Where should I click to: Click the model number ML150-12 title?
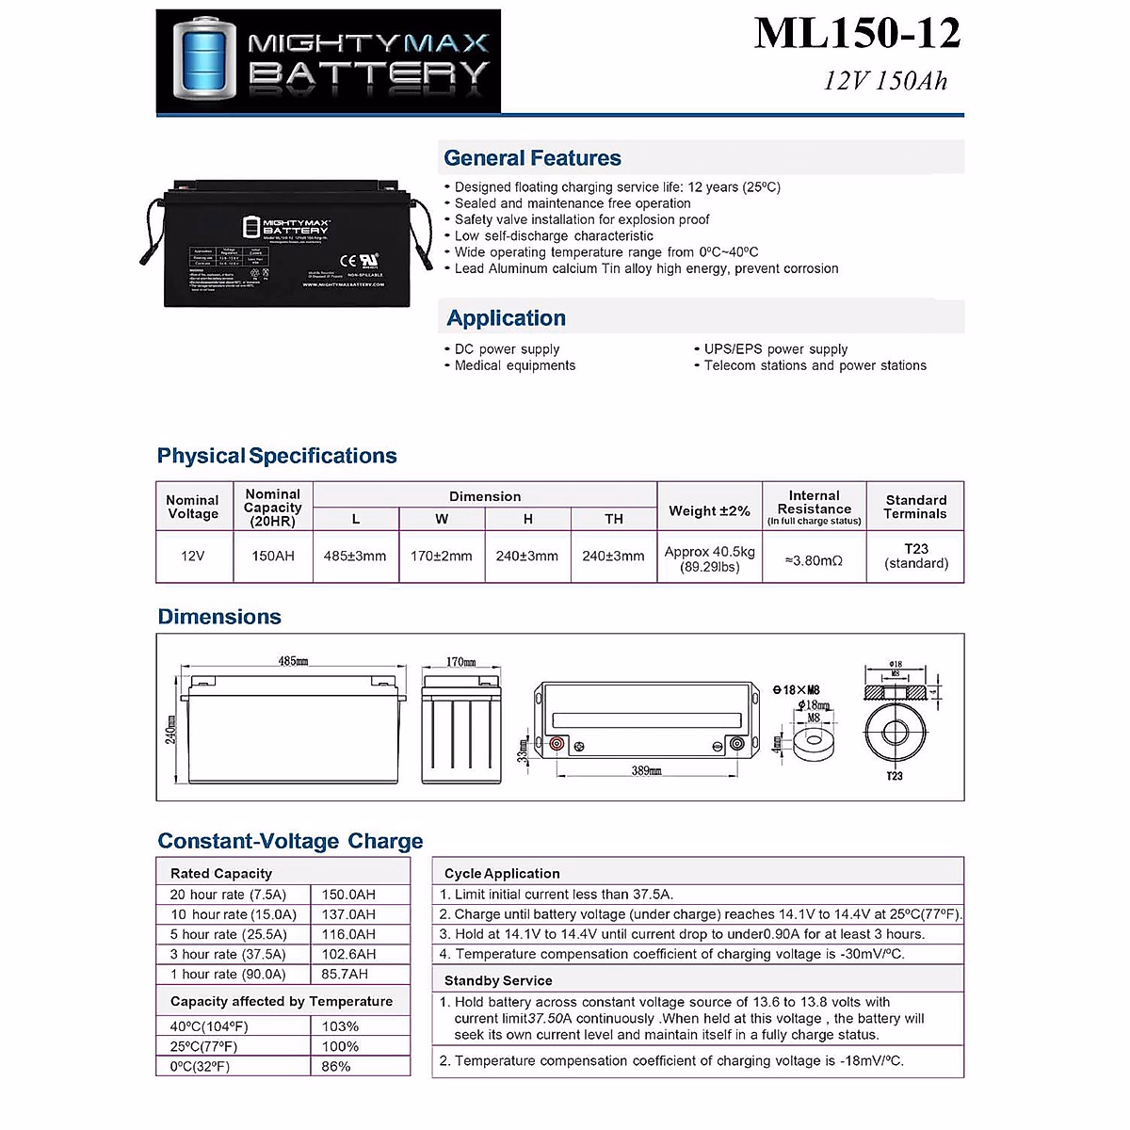tap(857, 34)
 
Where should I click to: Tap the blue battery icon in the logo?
tap(202, 60)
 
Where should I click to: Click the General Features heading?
tap(532, 158)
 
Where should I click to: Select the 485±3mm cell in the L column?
tap(355, 557)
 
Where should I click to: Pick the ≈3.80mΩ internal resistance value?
tap(814, 560)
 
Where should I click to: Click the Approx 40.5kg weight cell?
tap(710, 558)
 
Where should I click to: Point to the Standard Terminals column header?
tap(915, 507)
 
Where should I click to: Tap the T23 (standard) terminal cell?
tap(916, 556)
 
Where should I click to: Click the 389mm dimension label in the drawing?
tap(646, 771)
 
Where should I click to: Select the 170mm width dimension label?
tap(460, 662)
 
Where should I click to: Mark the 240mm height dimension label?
tap(171, 729)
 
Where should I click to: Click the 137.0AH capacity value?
tap(348, 914)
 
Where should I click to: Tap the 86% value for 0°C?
tap(336, 1066)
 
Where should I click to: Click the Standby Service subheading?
tap(498, 980)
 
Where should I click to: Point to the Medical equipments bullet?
tap(514, 365)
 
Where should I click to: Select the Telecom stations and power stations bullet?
tap(815, 365)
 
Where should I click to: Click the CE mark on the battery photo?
tap(347, 259)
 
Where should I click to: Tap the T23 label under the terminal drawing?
tap(894, 776)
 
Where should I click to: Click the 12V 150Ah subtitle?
tap(885, 81)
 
